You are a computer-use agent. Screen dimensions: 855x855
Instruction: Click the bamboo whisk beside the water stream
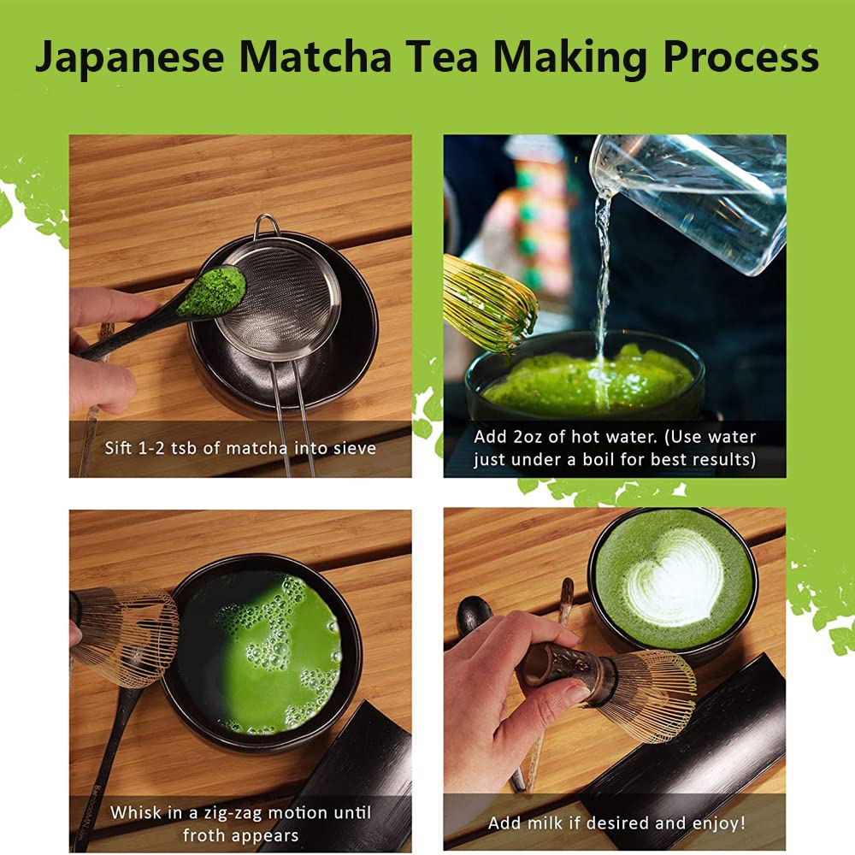click(489, 304)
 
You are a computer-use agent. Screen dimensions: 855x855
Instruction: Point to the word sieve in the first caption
click(352, 448)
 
